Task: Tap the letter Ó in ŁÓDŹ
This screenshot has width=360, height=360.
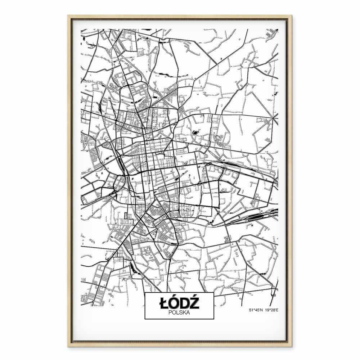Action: click(x=174, y=303)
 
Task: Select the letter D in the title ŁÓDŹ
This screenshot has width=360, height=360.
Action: click(x=185, y=303)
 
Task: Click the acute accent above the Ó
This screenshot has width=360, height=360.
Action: click(x=175, y=297)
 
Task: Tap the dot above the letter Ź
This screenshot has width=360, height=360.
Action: click(x=196, y=297)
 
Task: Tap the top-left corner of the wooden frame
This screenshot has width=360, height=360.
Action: click(x=68, y=16)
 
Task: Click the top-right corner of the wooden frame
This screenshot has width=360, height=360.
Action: click(x=292, y=16)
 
